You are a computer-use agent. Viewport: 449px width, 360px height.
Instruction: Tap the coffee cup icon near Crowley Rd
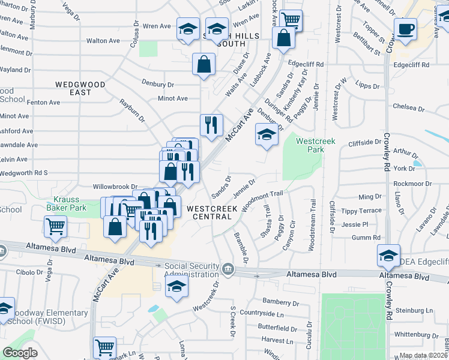(405, 30)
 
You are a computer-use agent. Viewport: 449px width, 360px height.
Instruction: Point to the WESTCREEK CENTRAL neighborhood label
(212, 208)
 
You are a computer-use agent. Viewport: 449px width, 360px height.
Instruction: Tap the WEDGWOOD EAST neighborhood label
(81, 88)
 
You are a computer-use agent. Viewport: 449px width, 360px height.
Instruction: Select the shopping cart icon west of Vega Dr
(56, 227)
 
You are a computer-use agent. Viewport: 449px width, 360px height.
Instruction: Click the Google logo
(20, 353)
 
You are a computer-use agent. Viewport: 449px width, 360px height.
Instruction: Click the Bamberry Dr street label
(281, 301)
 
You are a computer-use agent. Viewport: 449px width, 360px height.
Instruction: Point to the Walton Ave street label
(100, 41)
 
